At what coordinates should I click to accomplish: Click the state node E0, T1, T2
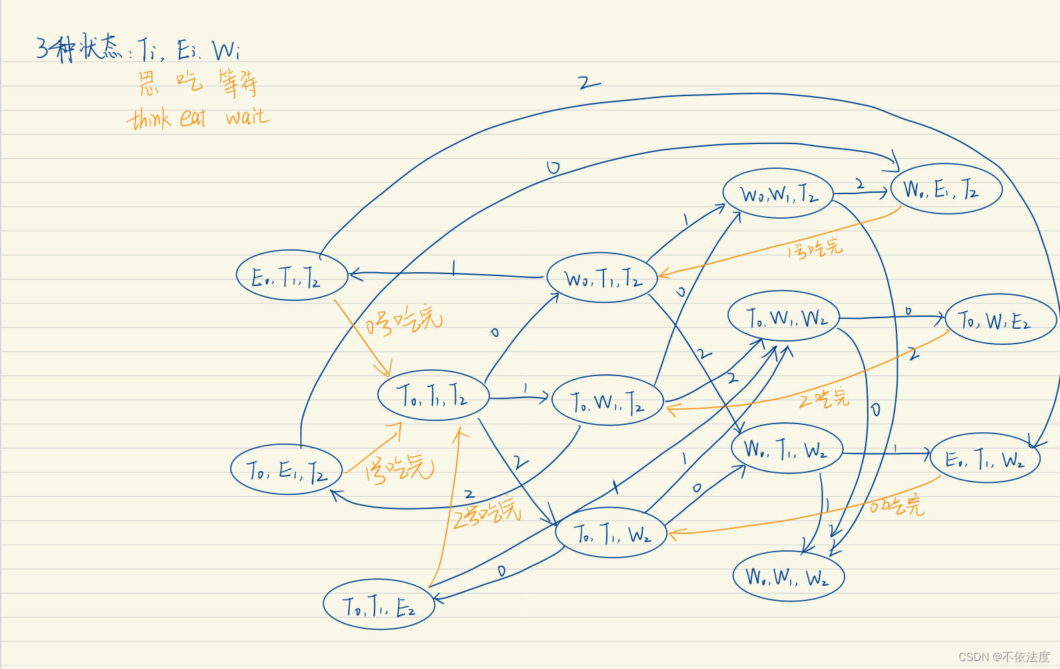click(292, 275)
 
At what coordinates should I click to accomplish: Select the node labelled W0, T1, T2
click(602, 277)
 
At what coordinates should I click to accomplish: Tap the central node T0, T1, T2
click(433, 395)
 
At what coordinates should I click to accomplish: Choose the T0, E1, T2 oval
click(286, 470)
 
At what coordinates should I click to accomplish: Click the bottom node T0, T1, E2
click(378, 605)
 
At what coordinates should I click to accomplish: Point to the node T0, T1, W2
click(611, 533)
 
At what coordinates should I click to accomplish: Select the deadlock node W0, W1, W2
click(788, 576)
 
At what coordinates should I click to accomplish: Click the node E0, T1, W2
click(985, 458)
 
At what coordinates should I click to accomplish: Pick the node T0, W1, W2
click(783, 316)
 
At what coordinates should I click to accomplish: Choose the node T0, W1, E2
click(1001, 320)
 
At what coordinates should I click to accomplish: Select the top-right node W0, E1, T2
click(946, 189)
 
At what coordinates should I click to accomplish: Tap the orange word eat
click(193, 118)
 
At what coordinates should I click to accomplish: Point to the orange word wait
click(248, 117)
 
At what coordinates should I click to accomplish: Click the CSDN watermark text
click(1004, 656)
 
